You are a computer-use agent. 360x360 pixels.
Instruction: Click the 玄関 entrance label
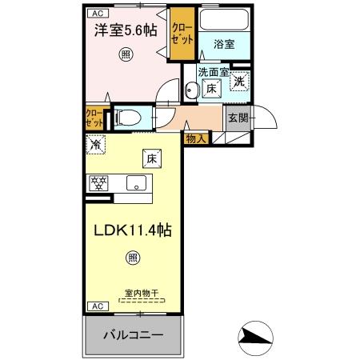(x=238, y=117)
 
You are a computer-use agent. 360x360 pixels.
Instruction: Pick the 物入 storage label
(x=196, y=138)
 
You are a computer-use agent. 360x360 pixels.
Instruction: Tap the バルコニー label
(x=134, y=334)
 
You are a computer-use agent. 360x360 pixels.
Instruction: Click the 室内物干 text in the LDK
(x=142, y=293)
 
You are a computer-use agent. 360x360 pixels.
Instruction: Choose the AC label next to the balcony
(x=95, y=306)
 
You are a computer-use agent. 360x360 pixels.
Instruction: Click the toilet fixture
(x=128, y=118)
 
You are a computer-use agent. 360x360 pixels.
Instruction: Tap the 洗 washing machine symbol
(x=240, y=79)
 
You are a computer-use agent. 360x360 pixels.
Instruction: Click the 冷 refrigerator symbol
(x=95, y=146)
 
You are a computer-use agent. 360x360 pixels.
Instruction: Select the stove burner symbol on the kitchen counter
(x=98, y=183)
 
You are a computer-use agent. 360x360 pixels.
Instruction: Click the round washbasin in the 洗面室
(x=192, y=90)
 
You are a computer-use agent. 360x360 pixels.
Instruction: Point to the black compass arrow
(x=256, y=337)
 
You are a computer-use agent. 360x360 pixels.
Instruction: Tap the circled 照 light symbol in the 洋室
(x=125, y=54)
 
